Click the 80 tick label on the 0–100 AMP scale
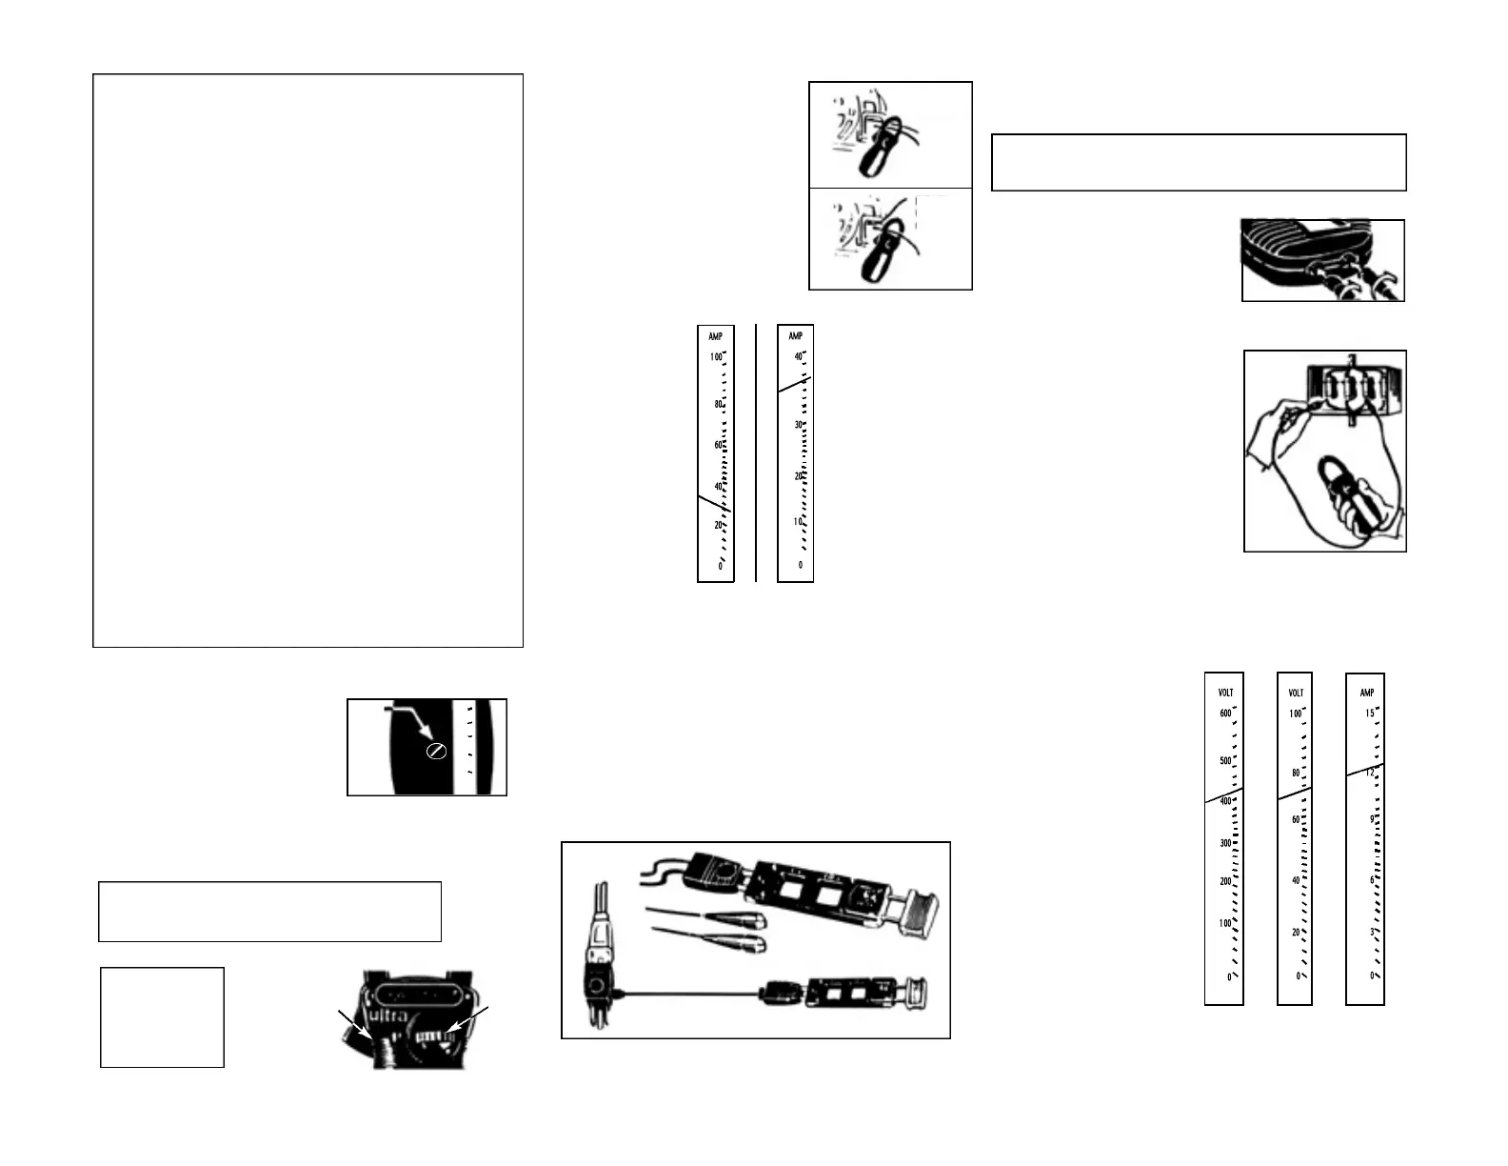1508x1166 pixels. point(718,405)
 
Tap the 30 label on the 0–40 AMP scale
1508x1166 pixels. point(799,425)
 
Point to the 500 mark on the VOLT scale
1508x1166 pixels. point(1225,761)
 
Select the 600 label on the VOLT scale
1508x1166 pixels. point(1225,714)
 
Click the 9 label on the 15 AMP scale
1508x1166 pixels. point(1372,819)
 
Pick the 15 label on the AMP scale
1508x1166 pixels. point(1370,714)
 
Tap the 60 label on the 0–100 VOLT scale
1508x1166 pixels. point(1296,820)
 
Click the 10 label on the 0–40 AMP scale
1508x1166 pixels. point(798,522)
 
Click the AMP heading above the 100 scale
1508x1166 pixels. point(716,336)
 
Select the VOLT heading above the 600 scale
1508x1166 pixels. point(1226,693)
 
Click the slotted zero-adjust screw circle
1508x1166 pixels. point(436,752)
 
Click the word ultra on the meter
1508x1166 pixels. point(387,1015)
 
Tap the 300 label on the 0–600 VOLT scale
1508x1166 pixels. point(1225,843)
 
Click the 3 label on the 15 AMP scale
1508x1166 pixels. point(1372,933)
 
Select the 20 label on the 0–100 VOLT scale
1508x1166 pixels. point(1296,933)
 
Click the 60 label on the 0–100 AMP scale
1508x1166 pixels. point(718,446)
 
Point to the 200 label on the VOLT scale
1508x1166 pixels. point(1225,882)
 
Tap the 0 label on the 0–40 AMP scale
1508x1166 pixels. point(800,565)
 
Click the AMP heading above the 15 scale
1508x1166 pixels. point(1367,693)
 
